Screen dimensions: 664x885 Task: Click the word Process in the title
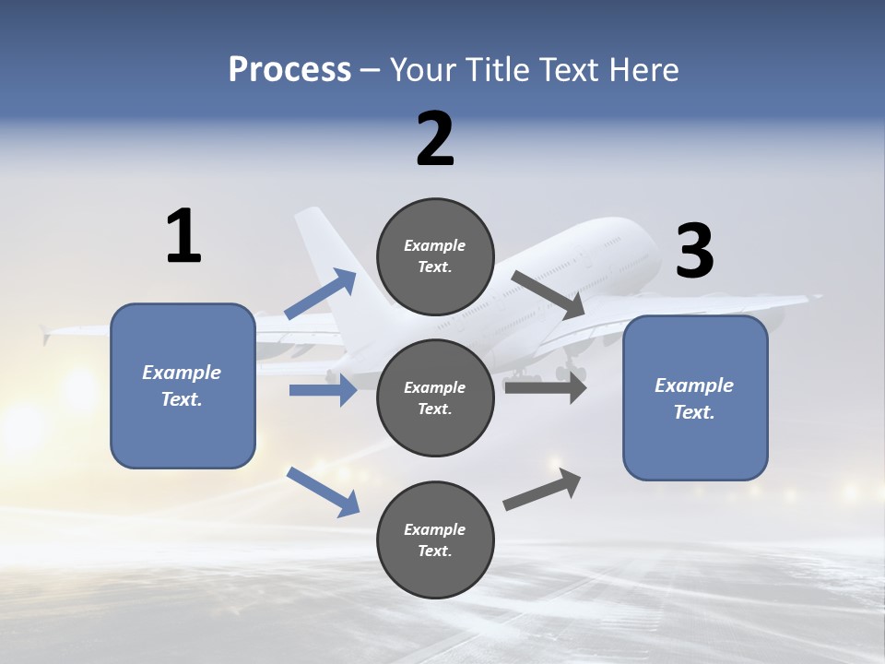[289, 70]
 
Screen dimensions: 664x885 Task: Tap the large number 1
[183, 236]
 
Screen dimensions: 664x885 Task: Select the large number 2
[435, 139]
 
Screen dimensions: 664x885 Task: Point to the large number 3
[694, 251]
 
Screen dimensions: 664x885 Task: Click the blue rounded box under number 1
[183, 385]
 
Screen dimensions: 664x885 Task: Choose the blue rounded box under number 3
[695, 397]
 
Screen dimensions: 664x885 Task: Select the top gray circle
[435, 256]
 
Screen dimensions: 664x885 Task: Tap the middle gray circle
[435, 397]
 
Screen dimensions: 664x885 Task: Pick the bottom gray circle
[435, 539]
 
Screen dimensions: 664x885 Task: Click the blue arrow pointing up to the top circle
[320, 294]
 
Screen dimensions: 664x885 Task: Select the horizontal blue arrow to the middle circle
[323, 390]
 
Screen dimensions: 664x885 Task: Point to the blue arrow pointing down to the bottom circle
[323, 492]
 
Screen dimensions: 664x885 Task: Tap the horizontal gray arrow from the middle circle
[545, 387]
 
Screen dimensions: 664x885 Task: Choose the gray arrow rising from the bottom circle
[542, 489]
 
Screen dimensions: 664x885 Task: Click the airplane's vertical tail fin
[323, 249]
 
